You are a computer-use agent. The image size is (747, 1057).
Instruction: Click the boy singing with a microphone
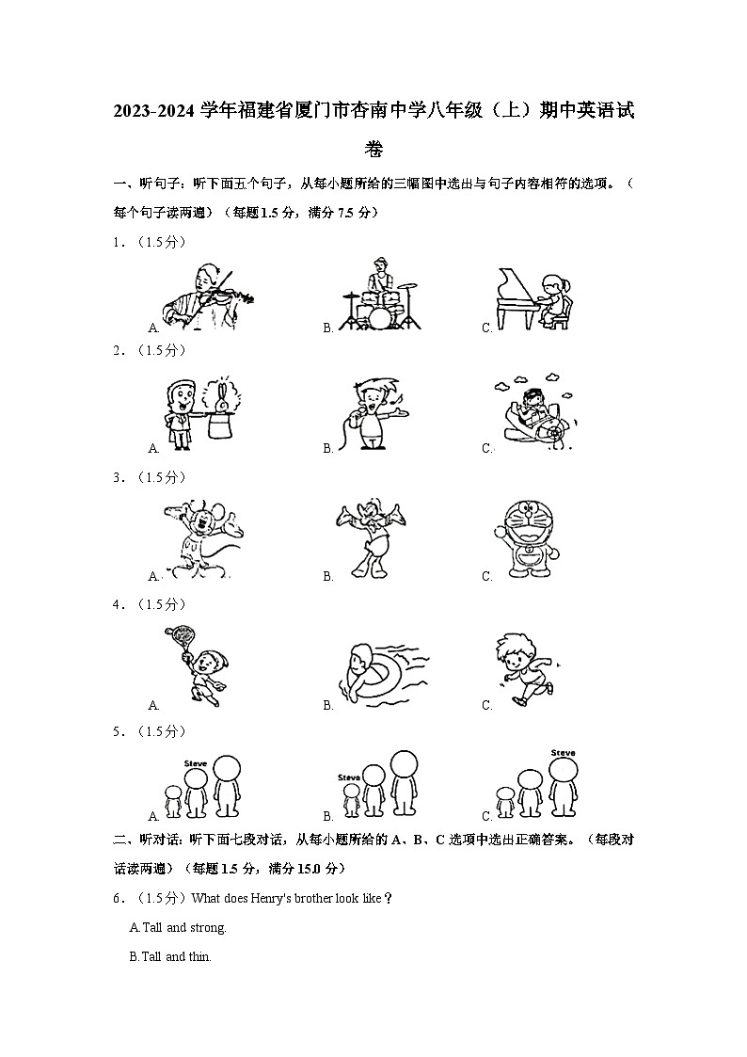(374, 414)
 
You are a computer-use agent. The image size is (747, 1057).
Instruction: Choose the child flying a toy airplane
(533, 414)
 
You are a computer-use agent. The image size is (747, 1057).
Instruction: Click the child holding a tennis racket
(198, 666)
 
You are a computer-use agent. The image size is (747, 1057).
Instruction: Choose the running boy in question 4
(524, 669)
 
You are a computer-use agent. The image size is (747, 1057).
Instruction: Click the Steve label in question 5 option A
(195, 762)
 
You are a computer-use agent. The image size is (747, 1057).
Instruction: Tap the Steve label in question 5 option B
(349, 777)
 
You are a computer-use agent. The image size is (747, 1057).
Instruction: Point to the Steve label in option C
(563, 752)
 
